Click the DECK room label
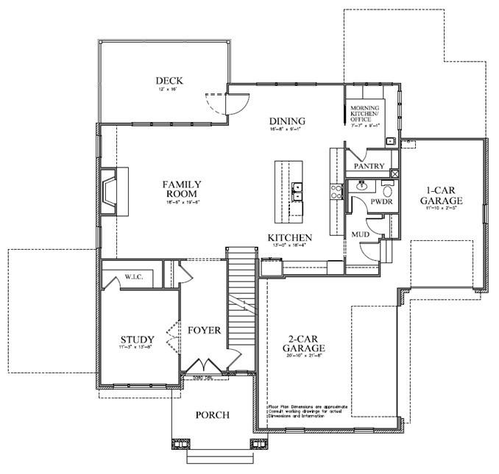click(169, 81)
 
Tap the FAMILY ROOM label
click(182, 189)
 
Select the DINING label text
click(286, 121)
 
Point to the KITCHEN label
click(289, 238)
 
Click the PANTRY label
click(369, 167)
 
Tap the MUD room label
click(360, 234)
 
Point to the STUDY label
click(138, 340)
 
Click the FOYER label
click(203, 331)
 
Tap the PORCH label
click(212, 415)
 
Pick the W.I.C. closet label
click(138, 276)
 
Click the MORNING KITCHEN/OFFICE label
click(364, 113)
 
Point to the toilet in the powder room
click(389, 187)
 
